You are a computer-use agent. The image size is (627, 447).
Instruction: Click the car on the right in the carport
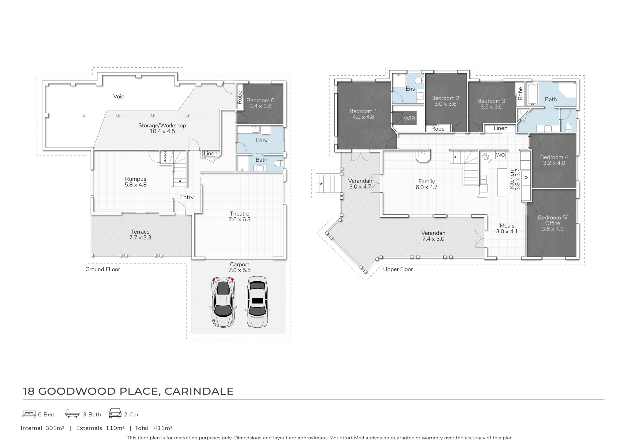(257, 302)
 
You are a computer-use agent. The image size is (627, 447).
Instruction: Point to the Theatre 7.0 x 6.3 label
(239, 216)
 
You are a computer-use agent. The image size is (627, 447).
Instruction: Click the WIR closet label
(409, 118)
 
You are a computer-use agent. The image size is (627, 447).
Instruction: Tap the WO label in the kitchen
(500, 155)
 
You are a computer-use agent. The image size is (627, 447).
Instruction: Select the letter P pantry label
(526, 178)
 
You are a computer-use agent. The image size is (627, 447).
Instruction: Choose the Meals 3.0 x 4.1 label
(507, 228)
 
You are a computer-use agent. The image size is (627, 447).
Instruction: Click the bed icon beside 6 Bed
(29, 414)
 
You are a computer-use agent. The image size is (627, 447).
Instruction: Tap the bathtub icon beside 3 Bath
(73, 414)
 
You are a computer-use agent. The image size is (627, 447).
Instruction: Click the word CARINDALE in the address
(199, 391)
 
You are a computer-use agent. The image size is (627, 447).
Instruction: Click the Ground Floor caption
(103, 269)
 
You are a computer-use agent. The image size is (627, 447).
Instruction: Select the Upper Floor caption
(398, 269)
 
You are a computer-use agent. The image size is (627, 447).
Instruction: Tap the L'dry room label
(261, 140)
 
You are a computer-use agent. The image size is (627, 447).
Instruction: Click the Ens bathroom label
(410, 88)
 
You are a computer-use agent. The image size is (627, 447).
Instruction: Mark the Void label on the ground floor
(119, 96)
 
